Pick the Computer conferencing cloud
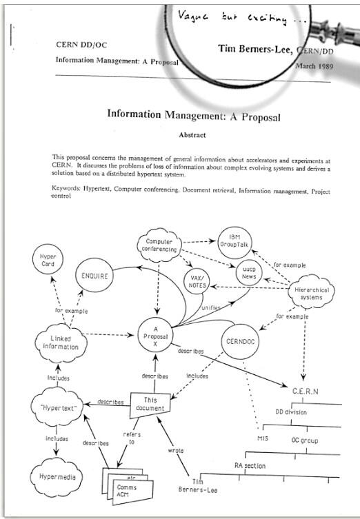[x=159, y=246]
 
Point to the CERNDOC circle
[x=242, y=340]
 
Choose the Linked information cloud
[x=61, y=342]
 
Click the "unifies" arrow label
[x=212, y=308]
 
